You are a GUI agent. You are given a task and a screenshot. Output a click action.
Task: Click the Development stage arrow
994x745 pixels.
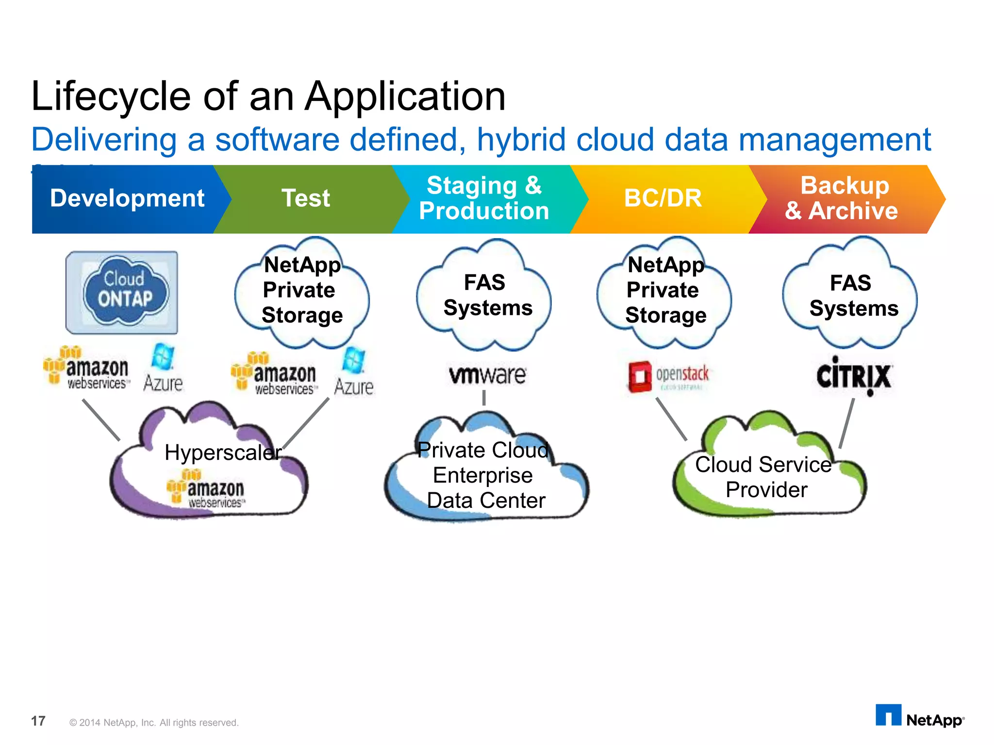pos(127,198)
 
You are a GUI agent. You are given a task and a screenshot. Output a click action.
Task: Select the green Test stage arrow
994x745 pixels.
pos(306,198)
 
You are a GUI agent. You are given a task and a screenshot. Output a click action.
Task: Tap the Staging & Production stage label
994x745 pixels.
pos(484,198)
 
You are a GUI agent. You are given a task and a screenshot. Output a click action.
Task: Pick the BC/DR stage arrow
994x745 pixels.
pos(663,198)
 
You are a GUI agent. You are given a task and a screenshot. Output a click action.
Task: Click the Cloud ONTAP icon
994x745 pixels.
pos(122,292)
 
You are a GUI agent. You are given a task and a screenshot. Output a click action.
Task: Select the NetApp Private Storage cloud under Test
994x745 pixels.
pos(302,291)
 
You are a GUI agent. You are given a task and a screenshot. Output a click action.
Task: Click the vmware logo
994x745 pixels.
pos(487,374)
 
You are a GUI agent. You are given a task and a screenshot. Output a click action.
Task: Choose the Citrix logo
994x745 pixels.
pos(854,376)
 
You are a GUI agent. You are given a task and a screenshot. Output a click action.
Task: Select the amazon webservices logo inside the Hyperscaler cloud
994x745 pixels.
pos(206,489)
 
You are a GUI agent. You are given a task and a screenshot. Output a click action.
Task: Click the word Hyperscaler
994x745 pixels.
pos(223,453)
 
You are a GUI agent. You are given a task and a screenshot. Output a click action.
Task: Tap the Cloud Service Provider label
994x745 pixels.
pos(764,477)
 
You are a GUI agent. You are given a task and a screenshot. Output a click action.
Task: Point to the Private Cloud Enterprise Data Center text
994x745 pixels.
pos(484,476)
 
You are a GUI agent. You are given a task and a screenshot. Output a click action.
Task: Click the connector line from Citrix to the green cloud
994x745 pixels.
pos(847,423)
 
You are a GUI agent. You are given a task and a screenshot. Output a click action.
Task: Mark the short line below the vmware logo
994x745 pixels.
pos(484,398)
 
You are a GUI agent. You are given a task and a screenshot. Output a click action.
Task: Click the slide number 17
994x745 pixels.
pos(38,721)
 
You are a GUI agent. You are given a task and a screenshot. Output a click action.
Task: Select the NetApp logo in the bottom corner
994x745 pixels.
pos(919,717)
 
